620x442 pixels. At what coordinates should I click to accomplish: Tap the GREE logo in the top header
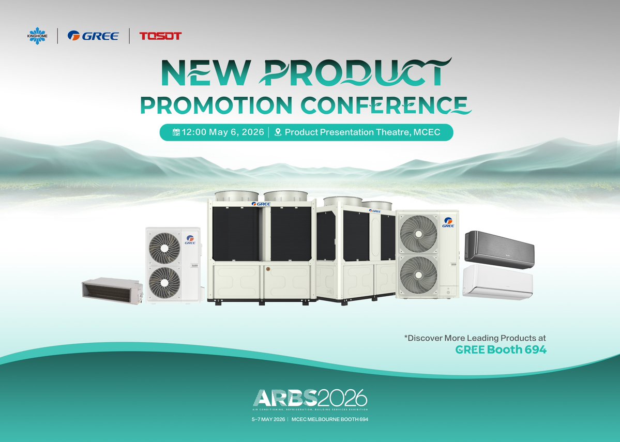pyautogui.click(x=93, y=36)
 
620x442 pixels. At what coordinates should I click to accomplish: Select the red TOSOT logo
pyautogui.click(x=160, y=36)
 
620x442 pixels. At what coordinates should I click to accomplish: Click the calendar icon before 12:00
pyautogui.click(x=176, y=132)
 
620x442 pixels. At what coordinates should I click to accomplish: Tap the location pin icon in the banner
pyautogui.click(x=278, y=132)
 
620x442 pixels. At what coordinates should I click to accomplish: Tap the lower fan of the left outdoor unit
pyautogui.click(x=164, y=282)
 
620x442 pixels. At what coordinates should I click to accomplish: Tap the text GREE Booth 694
pyautogui.click(x=501, y=349)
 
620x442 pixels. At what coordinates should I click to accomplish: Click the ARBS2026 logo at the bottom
pyautogui.click(x=310, y=398)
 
